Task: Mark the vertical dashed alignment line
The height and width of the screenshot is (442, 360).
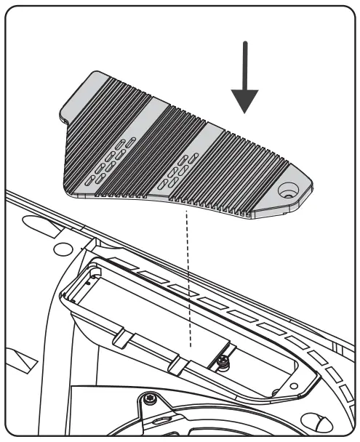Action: pyautogui.click(x=188, y=276)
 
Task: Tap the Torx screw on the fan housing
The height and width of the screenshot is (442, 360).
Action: pyautogui.click(x=150, y=399)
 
